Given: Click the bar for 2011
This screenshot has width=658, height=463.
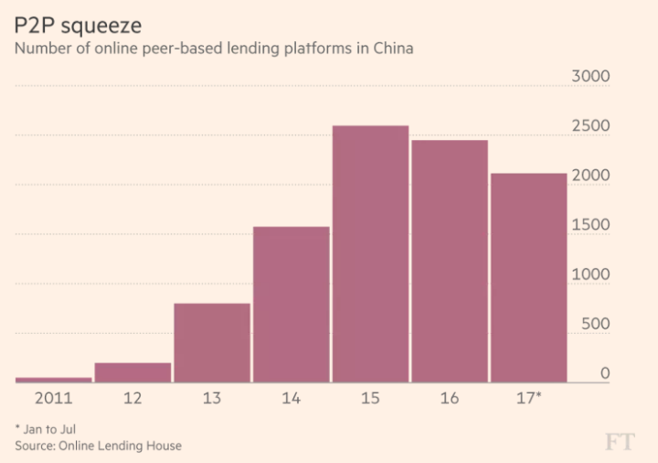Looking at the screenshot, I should coord(53,379).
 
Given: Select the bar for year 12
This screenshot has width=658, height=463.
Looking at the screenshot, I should coord(133,372).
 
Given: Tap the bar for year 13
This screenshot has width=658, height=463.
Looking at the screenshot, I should coord(211,342).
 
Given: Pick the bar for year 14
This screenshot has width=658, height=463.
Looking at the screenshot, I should coord(291,304).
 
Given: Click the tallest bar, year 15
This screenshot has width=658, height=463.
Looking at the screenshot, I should coord(370,253).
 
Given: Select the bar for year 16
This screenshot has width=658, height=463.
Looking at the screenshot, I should coord(449,261).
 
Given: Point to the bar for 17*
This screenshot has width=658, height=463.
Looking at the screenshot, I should coord(528,277).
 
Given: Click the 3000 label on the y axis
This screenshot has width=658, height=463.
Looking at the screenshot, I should coord(590,77).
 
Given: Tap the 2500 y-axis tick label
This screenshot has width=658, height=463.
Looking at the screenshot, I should coord(590,126).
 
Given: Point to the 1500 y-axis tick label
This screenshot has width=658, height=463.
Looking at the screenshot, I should coord(590,225).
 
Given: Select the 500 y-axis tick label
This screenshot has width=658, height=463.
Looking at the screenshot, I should coord(596,324).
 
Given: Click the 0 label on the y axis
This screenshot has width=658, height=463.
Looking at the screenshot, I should coord(605,373).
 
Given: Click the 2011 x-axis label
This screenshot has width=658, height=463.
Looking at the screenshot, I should coord(53,399).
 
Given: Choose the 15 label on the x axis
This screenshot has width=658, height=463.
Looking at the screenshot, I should coord(370,399).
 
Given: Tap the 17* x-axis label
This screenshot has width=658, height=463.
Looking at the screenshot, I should coord(529,399).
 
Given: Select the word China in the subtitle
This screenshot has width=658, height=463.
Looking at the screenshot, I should coord(392,48).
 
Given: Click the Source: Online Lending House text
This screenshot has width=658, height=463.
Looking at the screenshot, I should coord(98,446).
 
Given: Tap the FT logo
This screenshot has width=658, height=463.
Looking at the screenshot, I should coord(621,443).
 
